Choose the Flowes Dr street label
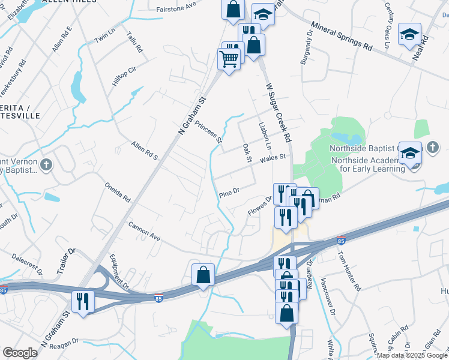coord(260,206)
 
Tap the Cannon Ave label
coord(144,232)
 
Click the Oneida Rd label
coord(118,191)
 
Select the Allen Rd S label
coord(144,152)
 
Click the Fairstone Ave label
coord(176,6)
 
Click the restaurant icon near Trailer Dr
coord(82,301)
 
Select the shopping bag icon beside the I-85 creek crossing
coord(203,275)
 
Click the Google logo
coord(20,353)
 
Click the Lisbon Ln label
coord(265,136)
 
